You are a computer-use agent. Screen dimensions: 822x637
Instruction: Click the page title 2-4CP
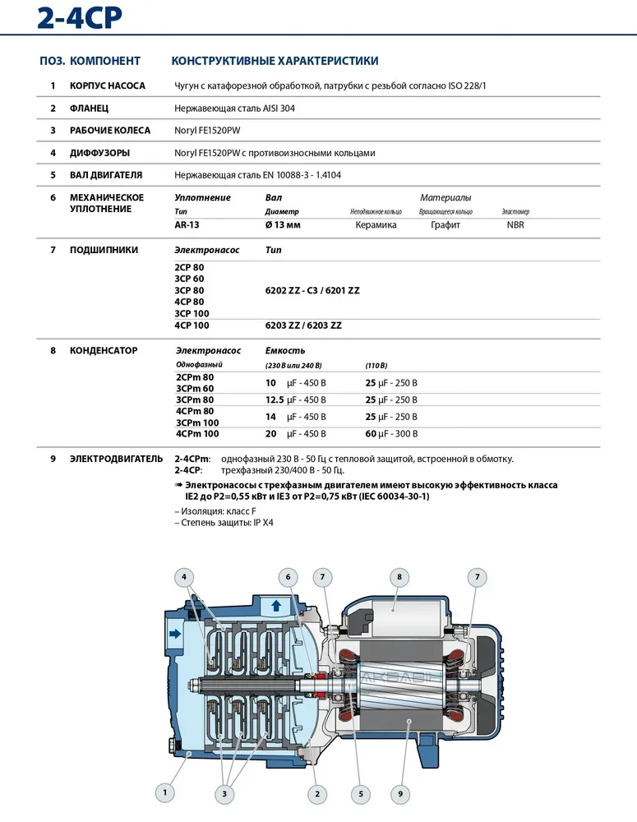80,18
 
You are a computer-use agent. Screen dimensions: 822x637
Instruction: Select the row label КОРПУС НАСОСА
108,85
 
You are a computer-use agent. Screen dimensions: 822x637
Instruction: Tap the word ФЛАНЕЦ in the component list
90,108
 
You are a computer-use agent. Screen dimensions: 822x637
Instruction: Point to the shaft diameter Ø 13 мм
284,224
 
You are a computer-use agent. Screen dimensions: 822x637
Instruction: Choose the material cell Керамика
376,224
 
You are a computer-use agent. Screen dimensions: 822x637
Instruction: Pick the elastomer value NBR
515,224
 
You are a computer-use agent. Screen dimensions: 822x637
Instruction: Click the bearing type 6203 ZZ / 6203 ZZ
303,326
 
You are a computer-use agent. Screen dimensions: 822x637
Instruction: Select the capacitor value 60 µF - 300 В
391,434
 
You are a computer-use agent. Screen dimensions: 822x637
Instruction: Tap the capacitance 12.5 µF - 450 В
296,399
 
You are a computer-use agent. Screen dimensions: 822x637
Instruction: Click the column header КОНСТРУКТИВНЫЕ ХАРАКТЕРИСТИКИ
275,61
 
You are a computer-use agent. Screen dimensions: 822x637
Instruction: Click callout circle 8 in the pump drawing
399,577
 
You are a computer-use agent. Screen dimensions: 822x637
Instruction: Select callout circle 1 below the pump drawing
165,792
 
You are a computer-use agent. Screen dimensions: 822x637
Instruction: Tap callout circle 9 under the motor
400,793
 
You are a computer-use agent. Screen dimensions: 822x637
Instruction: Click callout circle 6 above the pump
288,577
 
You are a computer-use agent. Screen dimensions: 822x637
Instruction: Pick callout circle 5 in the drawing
359,793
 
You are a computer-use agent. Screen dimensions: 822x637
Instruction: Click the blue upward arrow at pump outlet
277,606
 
